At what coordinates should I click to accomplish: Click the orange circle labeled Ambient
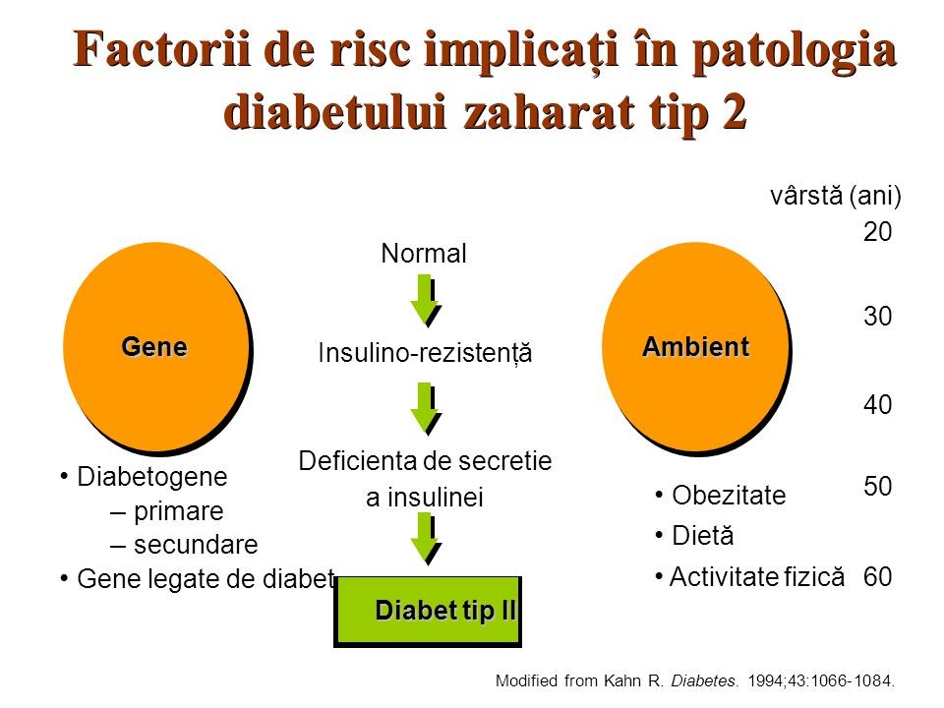[694, 346]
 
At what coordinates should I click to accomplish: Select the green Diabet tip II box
[428, 611]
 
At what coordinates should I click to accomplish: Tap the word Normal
[423, 254]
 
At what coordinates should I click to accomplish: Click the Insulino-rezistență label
[425, 353]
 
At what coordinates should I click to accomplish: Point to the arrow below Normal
[425, 300]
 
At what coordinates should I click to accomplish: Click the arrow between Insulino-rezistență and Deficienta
[425, 408]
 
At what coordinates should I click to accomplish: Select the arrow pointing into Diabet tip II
[425, 538]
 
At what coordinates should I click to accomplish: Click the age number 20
[877, 232]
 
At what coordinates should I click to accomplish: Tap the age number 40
[877, 405]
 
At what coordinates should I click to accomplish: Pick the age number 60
[877, 578]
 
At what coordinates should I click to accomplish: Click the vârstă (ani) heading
[835, 196]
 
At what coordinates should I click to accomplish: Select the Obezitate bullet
[729, 496]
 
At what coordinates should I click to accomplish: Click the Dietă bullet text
[702, 536]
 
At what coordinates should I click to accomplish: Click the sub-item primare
[178, 511]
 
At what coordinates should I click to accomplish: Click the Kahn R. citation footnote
[697, 679]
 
